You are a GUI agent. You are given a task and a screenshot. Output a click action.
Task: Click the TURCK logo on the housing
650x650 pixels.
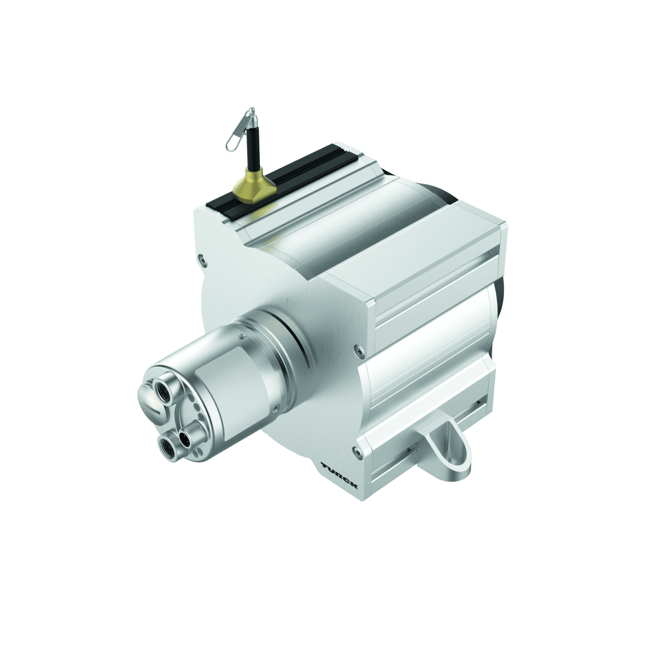point(339,475)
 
